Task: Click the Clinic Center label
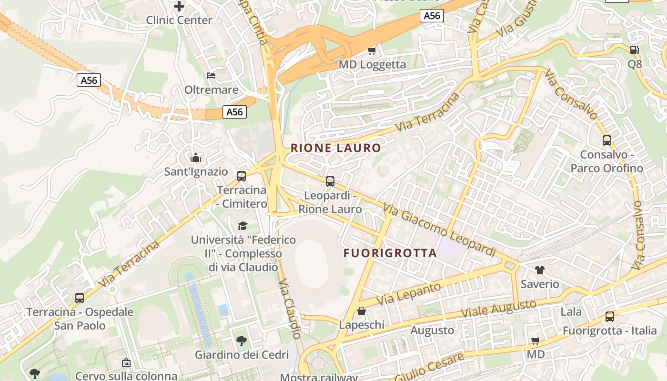179,20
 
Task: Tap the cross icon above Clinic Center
179,6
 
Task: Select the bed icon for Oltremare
211,75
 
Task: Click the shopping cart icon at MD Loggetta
372,50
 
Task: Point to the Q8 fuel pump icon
634,50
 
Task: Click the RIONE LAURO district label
336,148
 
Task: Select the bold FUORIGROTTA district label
390,253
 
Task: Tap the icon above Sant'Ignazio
196,158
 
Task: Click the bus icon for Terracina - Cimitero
242,176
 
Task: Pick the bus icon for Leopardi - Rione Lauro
330,181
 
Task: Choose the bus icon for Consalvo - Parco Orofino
606,140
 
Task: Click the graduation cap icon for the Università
243,225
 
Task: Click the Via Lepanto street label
409,294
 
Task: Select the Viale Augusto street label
499,310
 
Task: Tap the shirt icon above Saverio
539,270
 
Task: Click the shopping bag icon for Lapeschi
362,311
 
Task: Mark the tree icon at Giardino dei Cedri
242,341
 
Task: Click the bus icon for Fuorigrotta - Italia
609,316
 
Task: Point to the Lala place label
571,312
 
